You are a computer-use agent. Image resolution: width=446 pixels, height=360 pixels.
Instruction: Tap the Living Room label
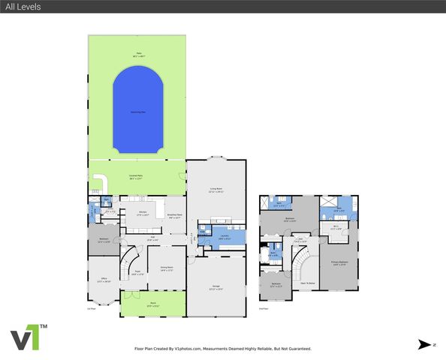tap(215, 191)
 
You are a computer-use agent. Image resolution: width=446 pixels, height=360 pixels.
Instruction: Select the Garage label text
tap(215, 289)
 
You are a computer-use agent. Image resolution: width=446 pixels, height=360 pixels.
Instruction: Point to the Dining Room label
tap(166, 269)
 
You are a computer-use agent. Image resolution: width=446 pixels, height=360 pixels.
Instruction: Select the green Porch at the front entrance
tap(153, 304)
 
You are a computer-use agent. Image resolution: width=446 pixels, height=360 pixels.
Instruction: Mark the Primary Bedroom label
tap(339, 262)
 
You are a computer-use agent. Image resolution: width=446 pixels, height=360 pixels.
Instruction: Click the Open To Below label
tap(308, 283)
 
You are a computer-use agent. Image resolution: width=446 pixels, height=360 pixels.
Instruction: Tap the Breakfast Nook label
tap(175, 217)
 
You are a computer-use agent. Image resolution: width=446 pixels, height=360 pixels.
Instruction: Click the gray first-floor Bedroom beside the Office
tap(104, 241)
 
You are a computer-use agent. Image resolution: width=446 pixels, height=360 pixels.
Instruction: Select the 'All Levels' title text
tap(23, 7)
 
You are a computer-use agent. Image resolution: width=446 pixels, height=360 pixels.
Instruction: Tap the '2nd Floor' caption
tap(264, 308)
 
